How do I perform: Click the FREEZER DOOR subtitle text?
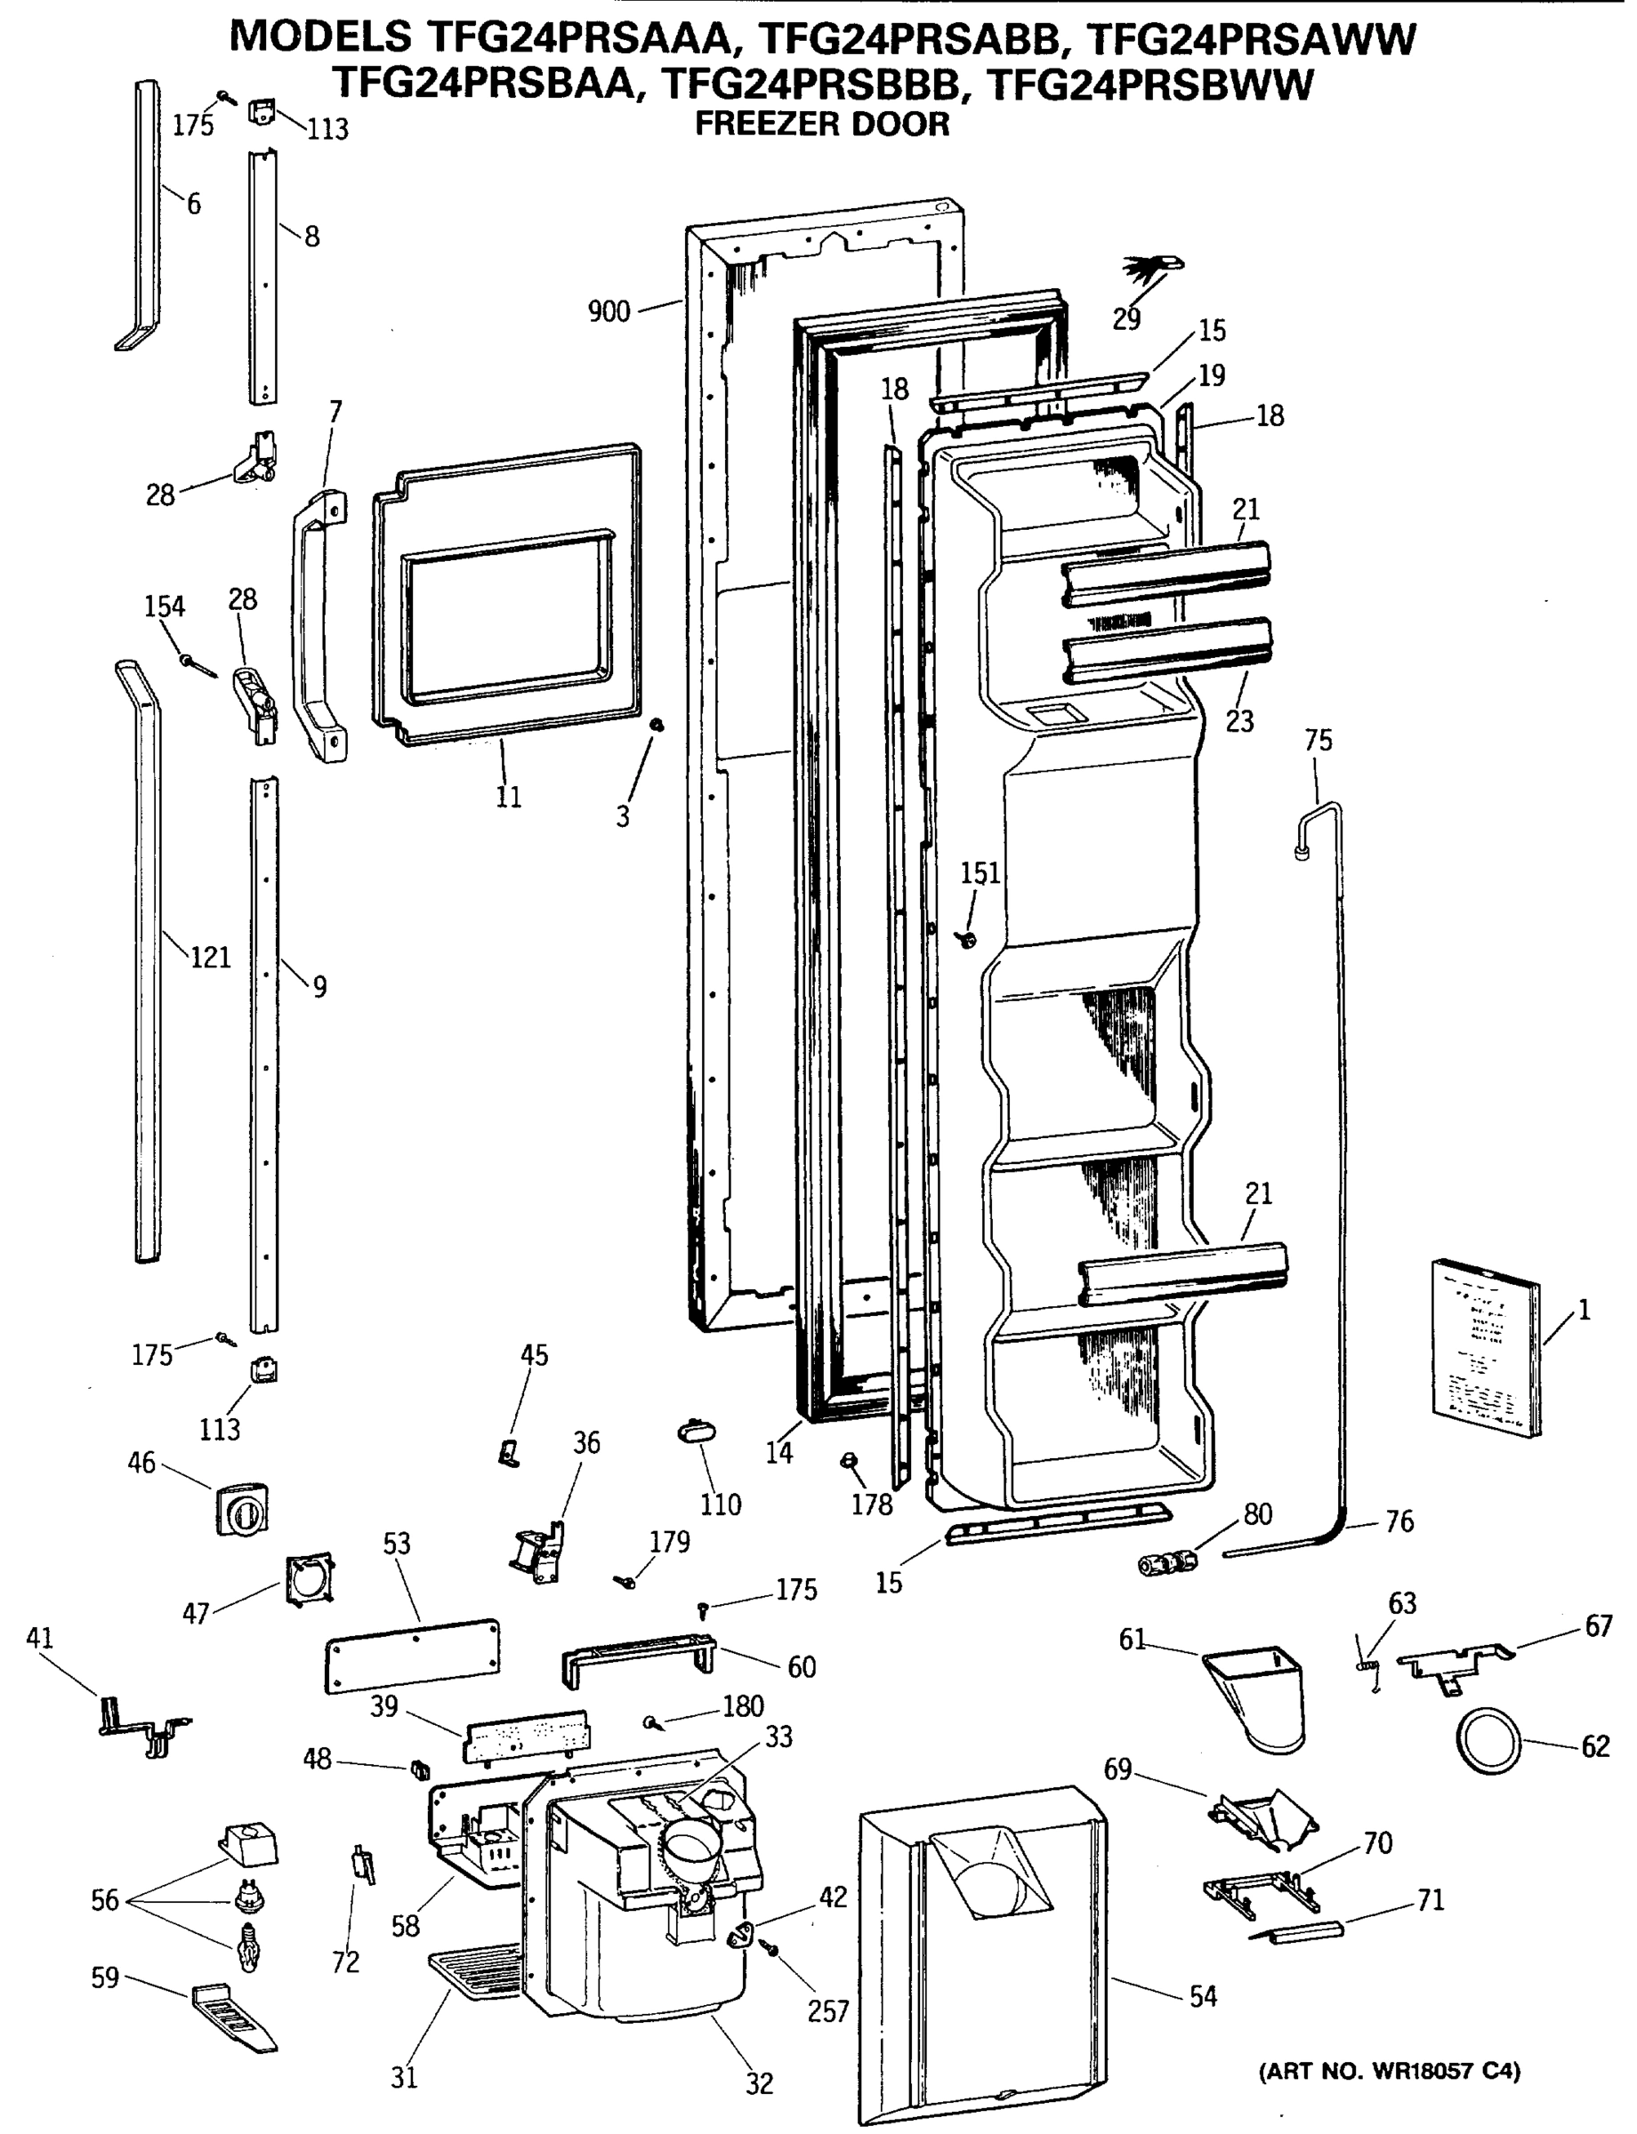[x=821, y=124]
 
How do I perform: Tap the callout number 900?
[x=609, y=312]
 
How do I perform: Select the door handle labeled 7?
[x=319, y=629]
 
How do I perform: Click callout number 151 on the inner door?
[x=980, y=874]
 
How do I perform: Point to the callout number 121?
[x=209, y=958]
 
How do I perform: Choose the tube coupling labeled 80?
[x=1167, y=1564]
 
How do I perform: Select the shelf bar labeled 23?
[x=1167, y=647]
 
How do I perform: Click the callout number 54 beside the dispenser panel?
[x=1203, y=1997]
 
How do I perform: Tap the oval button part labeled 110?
[x=697, y=1432]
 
